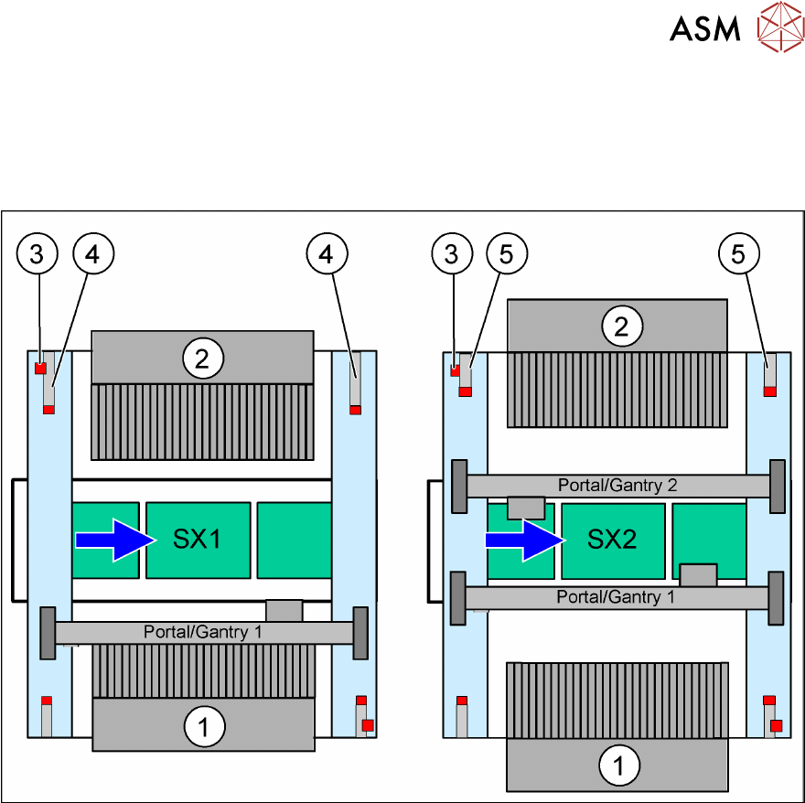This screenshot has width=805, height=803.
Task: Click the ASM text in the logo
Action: coord(704,29)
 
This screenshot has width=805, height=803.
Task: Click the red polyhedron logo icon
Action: coord(779,28)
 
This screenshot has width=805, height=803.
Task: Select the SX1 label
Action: coord(197,540)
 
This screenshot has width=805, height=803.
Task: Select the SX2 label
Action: coord(611,540)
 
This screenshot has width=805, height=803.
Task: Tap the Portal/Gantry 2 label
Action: coord(617,486)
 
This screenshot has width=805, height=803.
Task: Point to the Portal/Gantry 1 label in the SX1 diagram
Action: coord(202,632)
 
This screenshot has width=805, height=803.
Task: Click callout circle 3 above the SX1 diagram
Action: coord(37,254)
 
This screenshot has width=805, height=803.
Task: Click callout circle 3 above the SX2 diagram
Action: coord(451,254)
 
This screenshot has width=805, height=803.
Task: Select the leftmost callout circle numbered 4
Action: coord(92,254)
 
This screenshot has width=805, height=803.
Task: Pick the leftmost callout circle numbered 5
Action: coord(508,254)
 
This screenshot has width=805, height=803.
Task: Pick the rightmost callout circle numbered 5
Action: coord(739,254)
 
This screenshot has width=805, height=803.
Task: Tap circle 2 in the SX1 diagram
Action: coord(202,359)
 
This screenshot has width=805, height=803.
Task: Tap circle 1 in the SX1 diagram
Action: coord(204,728)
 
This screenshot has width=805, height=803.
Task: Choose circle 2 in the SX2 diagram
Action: coord(621,327)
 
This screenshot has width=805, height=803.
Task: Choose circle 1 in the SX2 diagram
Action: coord(619,765)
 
